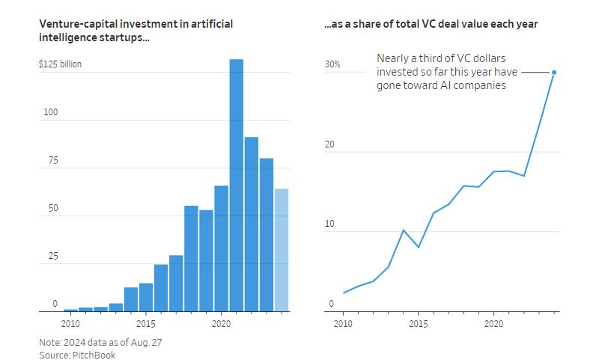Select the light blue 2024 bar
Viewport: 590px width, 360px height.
point(281,250)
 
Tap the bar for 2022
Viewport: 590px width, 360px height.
point(251,224)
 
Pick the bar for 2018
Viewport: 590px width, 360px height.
point(191,258)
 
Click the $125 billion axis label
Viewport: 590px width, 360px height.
point(60,64)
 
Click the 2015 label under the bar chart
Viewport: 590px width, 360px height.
point(146,324)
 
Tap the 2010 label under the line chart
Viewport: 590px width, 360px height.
point(343,324)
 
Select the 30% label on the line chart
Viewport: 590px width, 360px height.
point(332,65)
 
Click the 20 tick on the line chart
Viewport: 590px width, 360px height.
point(330,145)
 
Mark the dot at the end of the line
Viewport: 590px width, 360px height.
point(554,73)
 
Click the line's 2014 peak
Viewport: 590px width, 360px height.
point(404,230)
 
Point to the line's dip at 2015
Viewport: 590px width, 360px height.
point(419,247)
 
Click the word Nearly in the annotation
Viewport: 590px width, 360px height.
point(394,58)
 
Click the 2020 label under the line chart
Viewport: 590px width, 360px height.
point(493,324)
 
